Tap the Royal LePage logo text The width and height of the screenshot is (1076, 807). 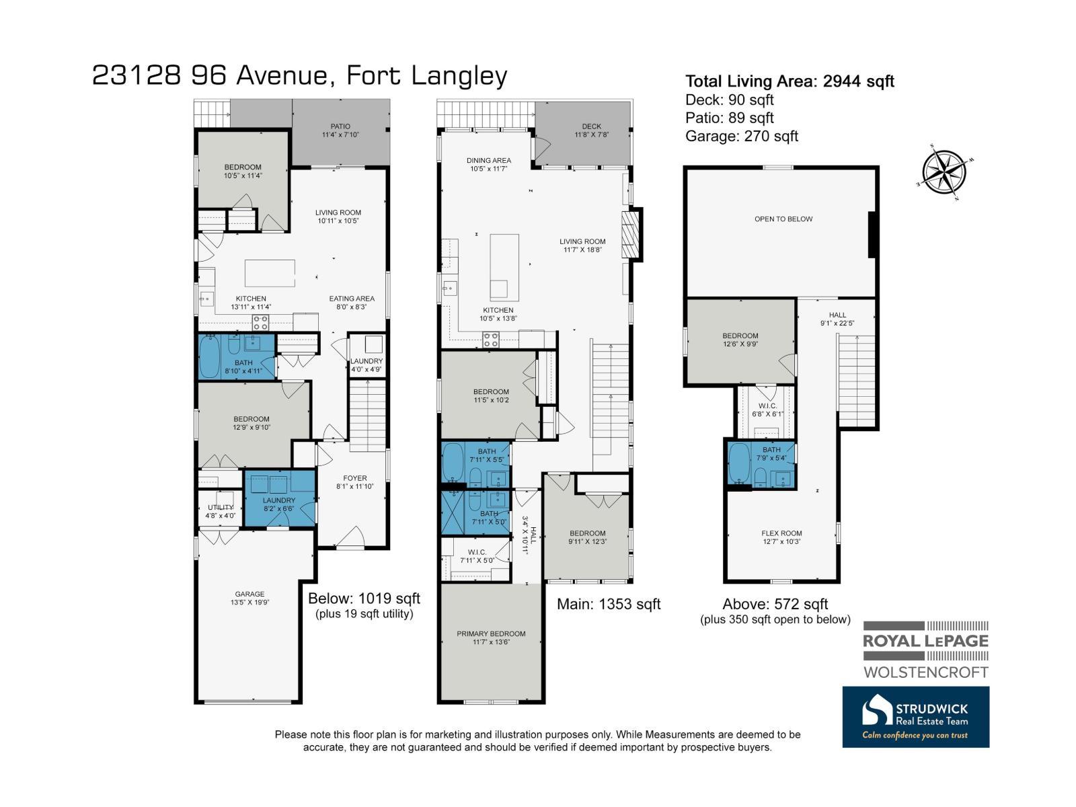pos(925,641)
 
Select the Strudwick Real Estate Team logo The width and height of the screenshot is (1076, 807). pos(915,717)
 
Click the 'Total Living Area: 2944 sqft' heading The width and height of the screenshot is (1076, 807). pos(790,81)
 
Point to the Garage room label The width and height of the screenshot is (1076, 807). pos(249,598)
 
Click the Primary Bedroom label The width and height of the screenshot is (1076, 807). pos(491,638)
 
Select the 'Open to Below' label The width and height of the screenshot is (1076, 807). pos(783,219)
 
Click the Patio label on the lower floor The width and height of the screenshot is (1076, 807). pos(340,130)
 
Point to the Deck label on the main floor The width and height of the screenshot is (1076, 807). pos(591,130)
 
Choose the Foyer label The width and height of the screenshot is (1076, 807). pos(355,482)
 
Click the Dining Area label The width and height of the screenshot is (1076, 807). pos(489,164)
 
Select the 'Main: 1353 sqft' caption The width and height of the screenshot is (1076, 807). pos(609,604)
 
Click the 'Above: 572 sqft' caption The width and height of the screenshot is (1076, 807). pos(775,604)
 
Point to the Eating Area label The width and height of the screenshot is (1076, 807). pos(352,303)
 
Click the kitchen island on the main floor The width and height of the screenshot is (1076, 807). pos(504,267)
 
